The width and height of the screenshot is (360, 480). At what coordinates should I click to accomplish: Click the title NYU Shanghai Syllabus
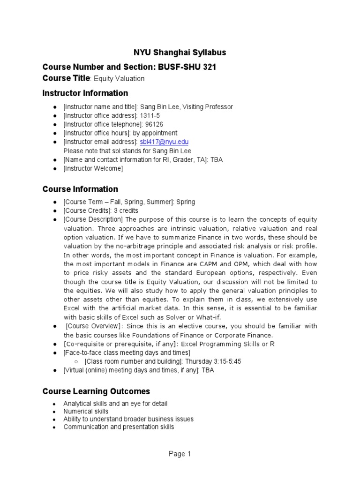coord(180,52)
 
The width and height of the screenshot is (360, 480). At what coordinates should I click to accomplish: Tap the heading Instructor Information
coord(85,93)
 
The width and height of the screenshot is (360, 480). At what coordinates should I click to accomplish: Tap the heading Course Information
coord(80,189)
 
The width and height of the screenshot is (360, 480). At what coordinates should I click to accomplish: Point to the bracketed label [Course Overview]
coord(94,326)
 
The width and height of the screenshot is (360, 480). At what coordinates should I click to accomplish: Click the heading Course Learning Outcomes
coord(96,391)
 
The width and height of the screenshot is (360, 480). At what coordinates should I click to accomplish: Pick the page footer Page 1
coord(180,454)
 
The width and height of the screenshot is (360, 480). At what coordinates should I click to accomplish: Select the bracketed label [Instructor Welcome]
coord(93,169)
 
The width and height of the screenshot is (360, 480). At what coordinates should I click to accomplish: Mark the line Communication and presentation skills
coord(119,427)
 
